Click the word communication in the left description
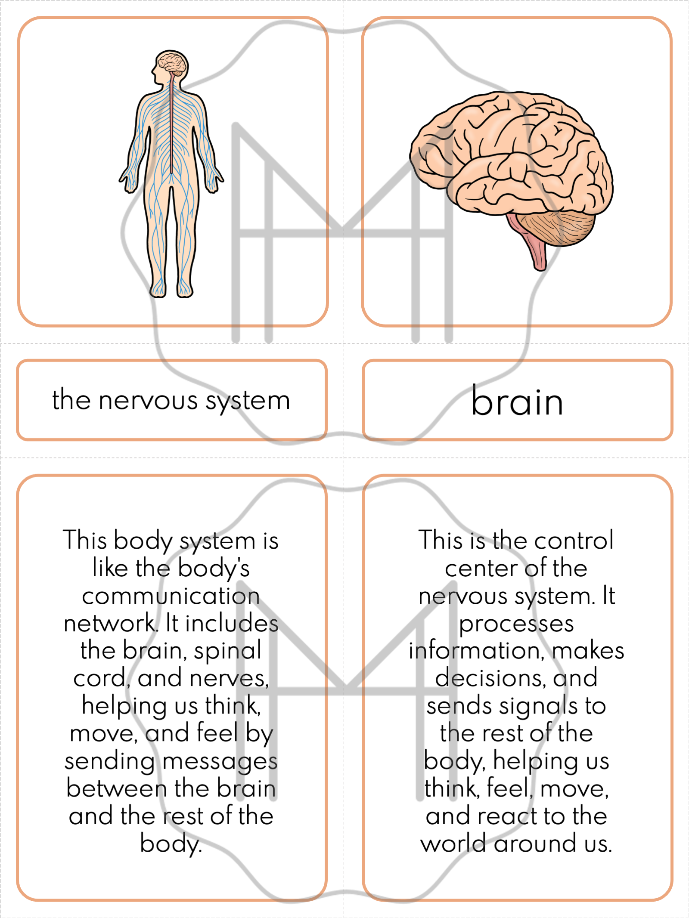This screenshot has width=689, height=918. coord(171,597)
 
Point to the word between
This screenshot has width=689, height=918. coord(117,789)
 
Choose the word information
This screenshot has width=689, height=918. coord(474,651)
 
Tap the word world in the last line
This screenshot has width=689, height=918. coord(454,844)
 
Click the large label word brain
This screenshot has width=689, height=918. coord(517,401)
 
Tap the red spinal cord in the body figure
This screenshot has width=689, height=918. coord(171,125)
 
